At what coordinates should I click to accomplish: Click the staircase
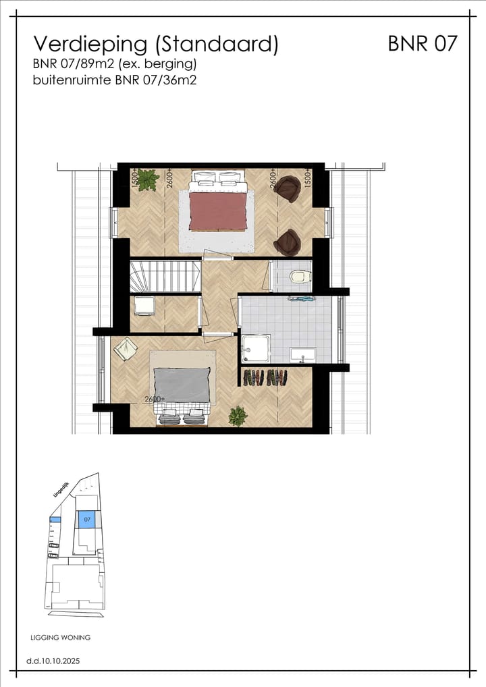pos(165,276)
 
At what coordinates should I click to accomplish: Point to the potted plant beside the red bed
pos(148,180)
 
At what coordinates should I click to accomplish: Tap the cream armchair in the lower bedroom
pos(126,350)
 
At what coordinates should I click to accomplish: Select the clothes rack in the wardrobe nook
pos(265,377)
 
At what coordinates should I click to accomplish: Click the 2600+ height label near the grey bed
pos(155,399)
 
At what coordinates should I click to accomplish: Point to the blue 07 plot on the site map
pos(86,519)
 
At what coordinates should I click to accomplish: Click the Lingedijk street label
pos(60,489)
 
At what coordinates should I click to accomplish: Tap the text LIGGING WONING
pos(61,637)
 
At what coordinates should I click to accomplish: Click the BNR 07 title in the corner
pos(423,44)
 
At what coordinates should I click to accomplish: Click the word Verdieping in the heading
pos(90,45)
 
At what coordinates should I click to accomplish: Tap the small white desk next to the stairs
pos(144,306)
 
